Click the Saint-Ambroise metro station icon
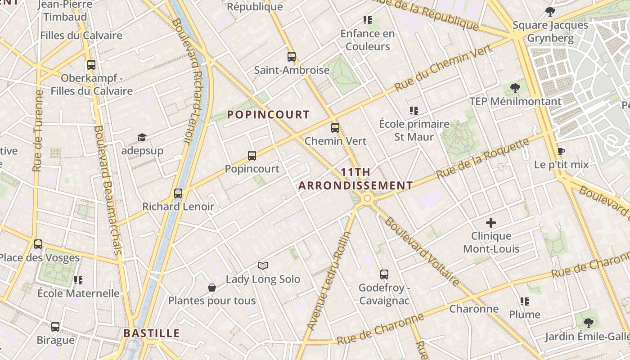pos(292,57)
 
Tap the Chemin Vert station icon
pos(335,128)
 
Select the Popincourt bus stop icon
pos(252,156)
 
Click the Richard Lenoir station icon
pos(178,193)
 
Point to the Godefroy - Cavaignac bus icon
pos(384,274)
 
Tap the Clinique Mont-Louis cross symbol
pos(491,223)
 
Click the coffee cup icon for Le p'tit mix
pos(561,152)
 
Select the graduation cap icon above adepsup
pos(142,137)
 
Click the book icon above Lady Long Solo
pos(263,266)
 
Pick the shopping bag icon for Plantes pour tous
pos(211,288)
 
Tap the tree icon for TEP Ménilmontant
pos(515,88)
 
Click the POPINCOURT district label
pos(268,115)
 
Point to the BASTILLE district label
pos(152,333)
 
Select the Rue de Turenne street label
pos(38,130)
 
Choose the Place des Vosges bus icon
pos(38,244)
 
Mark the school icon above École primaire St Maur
pos(414,111)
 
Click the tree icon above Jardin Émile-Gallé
pos(588,323)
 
